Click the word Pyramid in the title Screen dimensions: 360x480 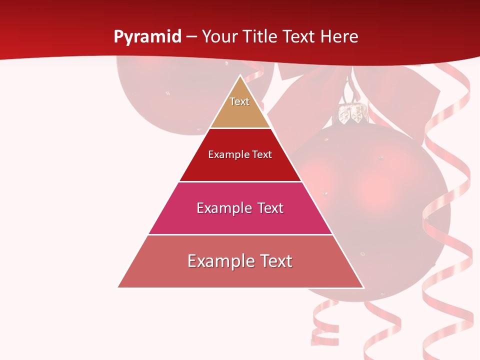147,37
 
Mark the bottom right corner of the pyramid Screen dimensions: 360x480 363,287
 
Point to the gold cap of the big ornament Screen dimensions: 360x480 352,114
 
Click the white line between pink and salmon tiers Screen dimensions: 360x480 240,234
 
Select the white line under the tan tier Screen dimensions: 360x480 240,128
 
